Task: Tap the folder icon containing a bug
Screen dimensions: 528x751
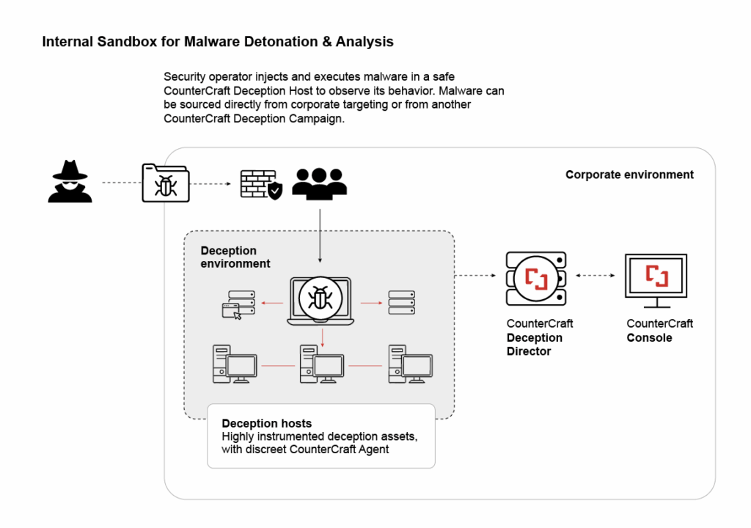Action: [x=165, y=183]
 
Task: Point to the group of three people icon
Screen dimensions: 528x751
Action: [x=319, y=183]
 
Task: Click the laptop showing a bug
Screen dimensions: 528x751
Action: [x=320, y=301]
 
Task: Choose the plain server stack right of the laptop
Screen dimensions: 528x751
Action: [x=401, y=301]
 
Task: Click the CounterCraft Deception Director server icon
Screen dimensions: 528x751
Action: [x=536, y=278]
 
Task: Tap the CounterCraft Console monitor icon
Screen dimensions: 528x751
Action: [x=656, y=276]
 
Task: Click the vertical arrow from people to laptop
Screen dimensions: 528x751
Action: [x=320, y=235]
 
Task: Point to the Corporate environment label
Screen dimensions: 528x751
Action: [x=629, y=175]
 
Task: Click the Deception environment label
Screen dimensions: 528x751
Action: [x=235, y=257]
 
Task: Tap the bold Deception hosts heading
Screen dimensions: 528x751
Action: [x=266, y=423]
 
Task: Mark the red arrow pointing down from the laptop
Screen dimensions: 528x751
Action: [x=322, y=336]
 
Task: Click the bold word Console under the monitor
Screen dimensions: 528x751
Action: [x=649, y=338]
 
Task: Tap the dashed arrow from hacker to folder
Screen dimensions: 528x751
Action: [x=117, y=182]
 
